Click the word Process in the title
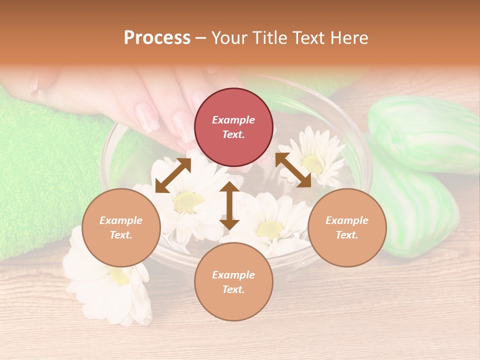[x=157, y=38]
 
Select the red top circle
[x=233, y=127]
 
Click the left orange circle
[x=121, y=227]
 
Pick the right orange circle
[x=347, y=227]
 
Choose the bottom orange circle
[x=233, y=281]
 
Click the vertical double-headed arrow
[x=229, y=205]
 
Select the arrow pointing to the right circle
[x=293, y=170]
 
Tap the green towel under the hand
[x=45, y=165]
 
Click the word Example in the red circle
[x=233, y=120]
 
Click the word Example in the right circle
[x=347, y=220]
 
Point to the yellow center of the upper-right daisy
[x=312, y=162]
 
